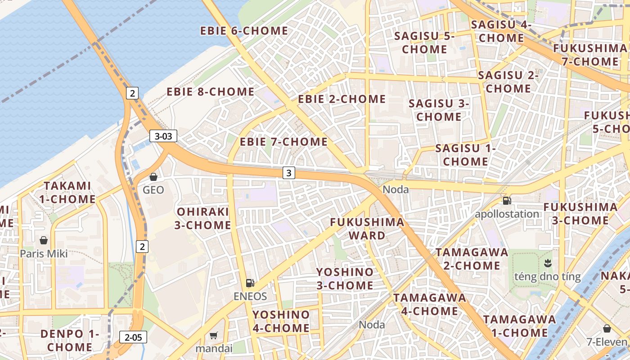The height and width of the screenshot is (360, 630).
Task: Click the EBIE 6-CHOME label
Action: click(244, 31)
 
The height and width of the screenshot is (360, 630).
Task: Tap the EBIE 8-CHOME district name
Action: click(211, 92)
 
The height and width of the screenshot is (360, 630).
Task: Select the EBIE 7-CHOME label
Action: click(283, 142)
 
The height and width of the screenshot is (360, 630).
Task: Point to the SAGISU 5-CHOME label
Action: click(424, 43)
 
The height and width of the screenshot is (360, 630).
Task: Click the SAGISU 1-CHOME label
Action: click(465, 155)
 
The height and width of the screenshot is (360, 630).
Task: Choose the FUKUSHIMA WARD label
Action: click(367, 229)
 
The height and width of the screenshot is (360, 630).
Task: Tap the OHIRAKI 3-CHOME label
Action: click(203, 218)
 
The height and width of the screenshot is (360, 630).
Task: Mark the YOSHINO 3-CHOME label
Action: click(345, 279)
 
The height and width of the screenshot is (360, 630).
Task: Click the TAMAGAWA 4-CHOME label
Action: click(430, 304)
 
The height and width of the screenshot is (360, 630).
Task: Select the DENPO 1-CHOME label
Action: click(70, 341)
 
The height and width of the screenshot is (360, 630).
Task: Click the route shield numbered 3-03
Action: click(163, 136)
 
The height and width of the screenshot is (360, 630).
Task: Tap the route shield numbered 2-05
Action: click(133, 337)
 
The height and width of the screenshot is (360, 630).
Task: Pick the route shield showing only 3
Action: click(289, 172)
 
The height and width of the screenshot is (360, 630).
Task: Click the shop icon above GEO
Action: click(153, 177)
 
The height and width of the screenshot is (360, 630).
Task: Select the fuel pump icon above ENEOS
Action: click(250, 283)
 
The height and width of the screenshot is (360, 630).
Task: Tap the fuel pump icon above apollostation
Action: click(507, 201)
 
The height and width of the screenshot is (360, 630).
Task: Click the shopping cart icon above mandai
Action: click(214, 335)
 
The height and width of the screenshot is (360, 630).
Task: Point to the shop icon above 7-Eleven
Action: click(607, 328)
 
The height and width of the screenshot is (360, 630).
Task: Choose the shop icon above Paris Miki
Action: click(44, 240)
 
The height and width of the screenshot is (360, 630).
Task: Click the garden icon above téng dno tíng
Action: click(548, 262)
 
